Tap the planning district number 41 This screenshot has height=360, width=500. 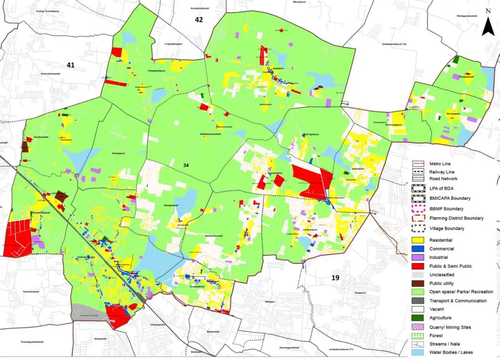[x=70, y=65]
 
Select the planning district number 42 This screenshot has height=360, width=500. [x=198, y=20]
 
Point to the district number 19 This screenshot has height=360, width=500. [x=335, y=278]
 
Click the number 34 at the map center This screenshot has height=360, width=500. [x=186, y=165]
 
